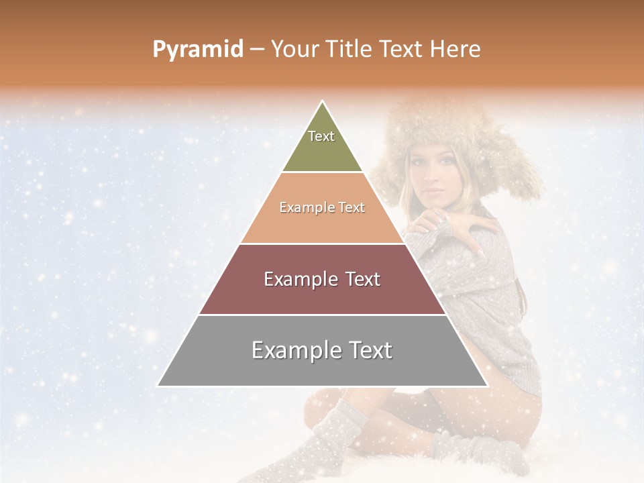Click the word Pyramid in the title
(x=197, y=50)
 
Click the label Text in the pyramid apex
(x=321, y=136)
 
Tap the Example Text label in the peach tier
(x=322, y=207)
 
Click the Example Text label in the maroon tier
(x=322, y=279)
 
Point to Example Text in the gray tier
(x=322, y=350)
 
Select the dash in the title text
(x=257, y=50)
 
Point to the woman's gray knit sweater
(x=490, y=295)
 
